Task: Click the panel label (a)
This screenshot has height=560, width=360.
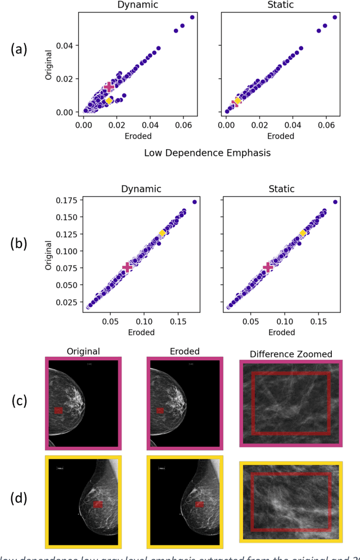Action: click(x=19, y=50)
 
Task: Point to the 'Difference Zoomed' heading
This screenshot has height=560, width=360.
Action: click(x=291, y=353)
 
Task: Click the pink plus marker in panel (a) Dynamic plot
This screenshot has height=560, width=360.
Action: click(x=109, y=87)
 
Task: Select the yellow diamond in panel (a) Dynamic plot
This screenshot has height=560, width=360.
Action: click(x=109, y=101)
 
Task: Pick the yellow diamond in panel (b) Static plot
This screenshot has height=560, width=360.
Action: click(x=303, y=233)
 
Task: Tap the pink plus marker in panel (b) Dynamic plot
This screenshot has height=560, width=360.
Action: click(x=127, y=267)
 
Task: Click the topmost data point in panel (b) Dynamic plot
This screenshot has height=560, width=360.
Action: click(x=195, y=202)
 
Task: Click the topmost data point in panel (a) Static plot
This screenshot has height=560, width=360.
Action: click(x=335, y=17)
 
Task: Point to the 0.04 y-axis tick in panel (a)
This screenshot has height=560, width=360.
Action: click(x=70, y=45)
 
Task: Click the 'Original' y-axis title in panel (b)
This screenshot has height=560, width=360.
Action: click(x=48, y=255)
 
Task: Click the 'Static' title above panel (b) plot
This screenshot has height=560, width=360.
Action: click(x=281, y=189)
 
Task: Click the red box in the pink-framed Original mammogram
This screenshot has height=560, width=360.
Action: click(x=58, y=411)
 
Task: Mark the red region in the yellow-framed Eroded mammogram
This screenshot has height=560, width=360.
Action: click(x=198, y=505)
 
